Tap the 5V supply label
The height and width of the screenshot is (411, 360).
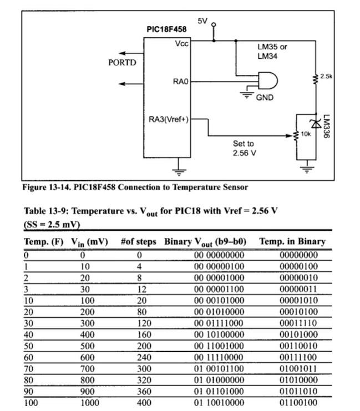202,21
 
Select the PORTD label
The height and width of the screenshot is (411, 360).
121,63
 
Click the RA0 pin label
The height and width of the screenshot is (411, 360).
181,82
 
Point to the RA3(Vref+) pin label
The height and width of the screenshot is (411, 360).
169,119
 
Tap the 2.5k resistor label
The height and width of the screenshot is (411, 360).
326,77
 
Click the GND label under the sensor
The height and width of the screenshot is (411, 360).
264,98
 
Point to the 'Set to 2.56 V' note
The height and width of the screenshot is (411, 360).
245,148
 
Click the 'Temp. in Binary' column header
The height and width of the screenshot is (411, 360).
292,242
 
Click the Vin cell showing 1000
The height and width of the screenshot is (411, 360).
90,403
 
